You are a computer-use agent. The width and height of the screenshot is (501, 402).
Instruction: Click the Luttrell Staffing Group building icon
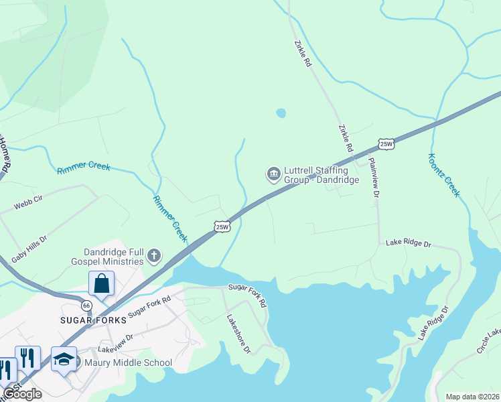pyautogui.click(x=273, y=174)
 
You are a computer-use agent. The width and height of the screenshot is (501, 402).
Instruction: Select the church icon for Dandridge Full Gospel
pyautogui.click(x=154, y=255)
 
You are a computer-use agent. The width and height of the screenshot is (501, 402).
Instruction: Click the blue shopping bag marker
pyautogui.click(x=101, y=283)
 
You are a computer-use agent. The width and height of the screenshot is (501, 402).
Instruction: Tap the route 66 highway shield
pyautogui.click(x=86, y=305)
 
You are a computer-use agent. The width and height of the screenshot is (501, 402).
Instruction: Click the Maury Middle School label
pyautogui.click(x=128, y=363)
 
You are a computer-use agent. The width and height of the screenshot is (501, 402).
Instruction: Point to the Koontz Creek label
pyautogui.click(x=444, y=175)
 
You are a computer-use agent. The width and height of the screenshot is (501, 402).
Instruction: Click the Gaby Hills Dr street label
pyautogui.click(x=29, y=249)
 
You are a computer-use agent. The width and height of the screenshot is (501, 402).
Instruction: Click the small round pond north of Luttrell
pyautogui.click(x=281, y=113)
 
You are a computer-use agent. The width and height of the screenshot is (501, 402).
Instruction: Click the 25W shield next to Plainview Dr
pyautogui.click(x=386, y=144)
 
